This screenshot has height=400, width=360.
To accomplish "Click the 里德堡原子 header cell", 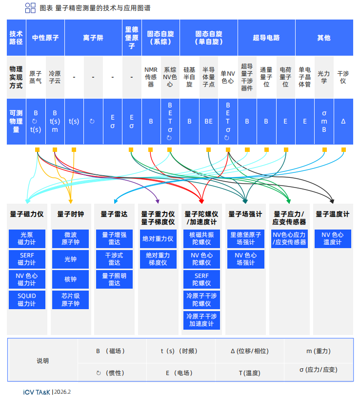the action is click(x=131, y=37).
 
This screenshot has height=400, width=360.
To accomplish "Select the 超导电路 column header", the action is click(x=266, y=37).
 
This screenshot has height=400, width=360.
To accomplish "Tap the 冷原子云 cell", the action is click(x=55, y=77).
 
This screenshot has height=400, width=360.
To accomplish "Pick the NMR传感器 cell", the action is click(x=151, y=77).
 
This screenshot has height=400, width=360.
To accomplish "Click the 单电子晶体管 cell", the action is click(x=304, y=77).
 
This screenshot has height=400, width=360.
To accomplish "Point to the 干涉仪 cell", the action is click(x=343, y=77).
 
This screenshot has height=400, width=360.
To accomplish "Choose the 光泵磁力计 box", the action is click(x=27, y=239).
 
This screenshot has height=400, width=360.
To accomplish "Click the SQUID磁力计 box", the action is click(x=27, y=299).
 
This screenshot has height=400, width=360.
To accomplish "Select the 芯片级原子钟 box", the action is click(x=70, y=299).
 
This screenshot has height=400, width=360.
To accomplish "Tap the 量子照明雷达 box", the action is click(x=114, y=279).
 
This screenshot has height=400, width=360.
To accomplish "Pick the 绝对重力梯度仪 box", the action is click(x=158, y=259).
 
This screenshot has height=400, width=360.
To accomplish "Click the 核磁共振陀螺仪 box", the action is click(x=202, y=239).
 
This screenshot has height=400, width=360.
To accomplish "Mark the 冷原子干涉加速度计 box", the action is click(x=202, y=320).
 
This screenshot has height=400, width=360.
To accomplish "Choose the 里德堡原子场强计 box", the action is click(x=245, y=239).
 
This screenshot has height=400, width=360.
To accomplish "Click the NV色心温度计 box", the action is click(x=332, y=239).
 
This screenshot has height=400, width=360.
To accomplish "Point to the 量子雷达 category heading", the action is click(x=114, y=214).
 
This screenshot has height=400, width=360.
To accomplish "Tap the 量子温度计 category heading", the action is click(x=332, y=214).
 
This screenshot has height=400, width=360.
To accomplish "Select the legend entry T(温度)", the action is click(x=249, y=373).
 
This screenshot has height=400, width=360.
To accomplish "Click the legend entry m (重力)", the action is click(x=318, y=351).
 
